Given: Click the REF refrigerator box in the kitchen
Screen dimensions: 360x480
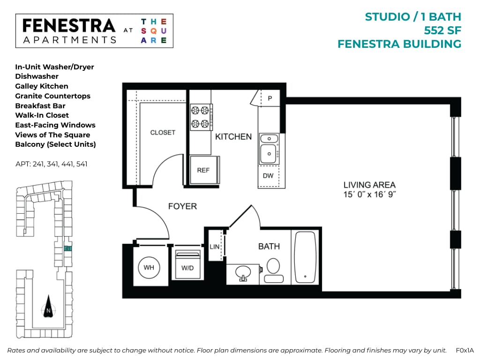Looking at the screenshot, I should coord(203,170).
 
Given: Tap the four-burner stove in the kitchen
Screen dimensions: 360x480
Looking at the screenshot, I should coord(201,117).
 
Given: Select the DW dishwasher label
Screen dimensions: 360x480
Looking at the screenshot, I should coord(268,176).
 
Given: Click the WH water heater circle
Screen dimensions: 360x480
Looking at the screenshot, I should coord(149,268).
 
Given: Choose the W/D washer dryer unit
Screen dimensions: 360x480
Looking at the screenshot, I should coord(187,265).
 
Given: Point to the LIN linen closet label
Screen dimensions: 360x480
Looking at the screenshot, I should coord(215,247).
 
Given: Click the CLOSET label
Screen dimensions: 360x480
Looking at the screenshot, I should coord(163,133).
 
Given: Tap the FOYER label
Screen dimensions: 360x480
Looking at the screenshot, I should coord(182,206).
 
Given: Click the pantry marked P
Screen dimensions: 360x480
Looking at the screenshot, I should coord(270,98).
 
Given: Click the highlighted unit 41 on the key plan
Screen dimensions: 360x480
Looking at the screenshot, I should coord(68,249).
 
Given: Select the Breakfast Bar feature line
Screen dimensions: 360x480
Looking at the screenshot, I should coord(40,105).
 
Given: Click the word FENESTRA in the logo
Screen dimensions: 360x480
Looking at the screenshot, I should coord(68,26).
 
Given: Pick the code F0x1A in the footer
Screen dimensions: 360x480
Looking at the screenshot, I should coord(465,350).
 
